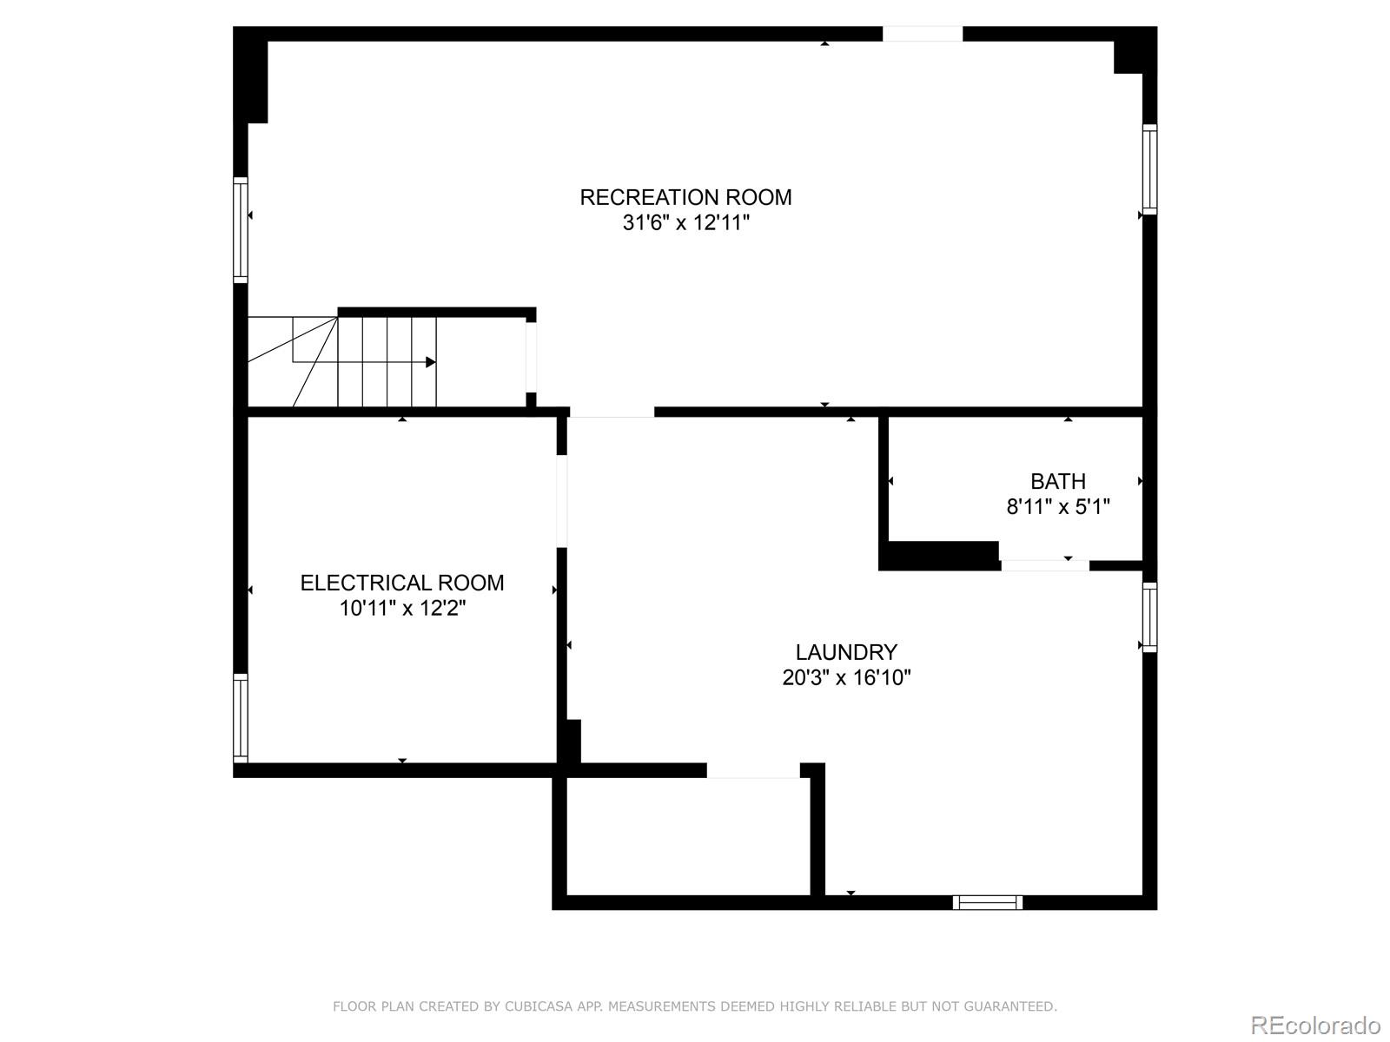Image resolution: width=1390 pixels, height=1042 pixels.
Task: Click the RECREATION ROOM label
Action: pos(685,197)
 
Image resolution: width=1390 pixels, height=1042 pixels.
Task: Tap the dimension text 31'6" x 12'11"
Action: pos(685,223)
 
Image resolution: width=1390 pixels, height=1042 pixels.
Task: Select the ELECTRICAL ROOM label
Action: pos(402,583)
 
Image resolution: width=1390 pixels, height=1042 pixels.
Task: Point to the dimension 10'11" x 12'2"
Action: pos(402,609)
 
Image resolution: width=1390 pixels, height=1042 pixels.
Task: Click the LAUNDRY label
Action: pos(846,652)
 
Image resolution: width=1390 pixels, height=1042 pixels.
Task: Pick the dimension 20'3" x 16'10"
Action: pos(846,678)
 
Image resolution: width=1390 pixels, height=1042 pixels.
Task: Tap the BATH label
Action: pos(1058,481)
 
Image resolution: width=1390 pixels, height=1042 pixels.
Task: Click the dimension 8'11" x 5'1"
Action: pos(1058,507)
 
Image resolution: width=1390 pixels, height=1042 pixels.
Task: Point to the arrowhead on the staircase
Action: pos(430,362)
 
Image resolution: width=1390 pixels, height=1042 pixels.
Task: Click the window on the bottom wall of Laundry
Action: pos(987,903)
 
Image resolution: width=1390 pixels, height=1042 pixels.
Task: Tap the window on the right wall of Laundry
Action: pos(1149,617)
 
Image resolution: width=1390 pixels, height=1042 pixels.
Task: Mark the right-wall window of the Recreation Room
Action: pos(1149,169)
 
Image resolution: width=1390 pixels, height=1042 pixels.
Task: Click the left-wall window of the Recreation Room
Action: pos(241,230)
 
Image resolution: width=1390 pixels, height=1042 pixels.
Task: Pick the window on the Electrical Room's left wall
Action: pos(241,718)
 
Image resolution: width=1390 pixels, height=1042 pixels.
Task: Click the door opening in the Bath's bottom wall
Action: pos(1044,565)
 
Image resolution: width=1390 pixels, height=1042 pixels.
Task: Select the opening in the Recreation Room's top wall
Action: pos(923,34)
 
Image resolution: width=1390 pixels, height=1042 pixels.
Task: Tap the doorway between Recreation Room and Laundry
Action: pos(612,412)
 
